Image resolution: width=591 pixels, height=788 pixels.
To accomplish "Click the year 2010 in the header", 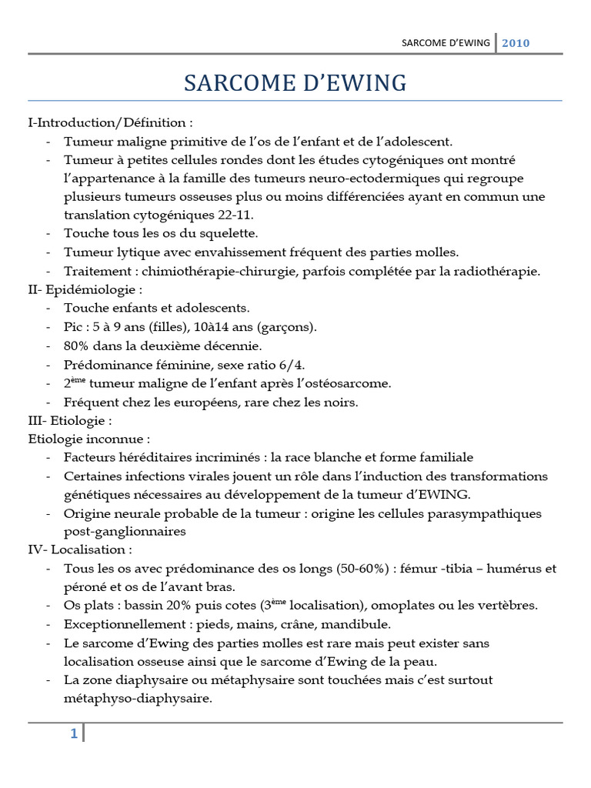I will [516, 43].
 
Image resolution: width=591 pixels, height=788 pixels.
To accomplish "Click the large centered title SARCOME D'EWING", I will [295, 83].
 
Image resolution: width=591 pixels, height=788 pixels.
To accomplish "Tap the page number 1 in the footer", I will [74, 733].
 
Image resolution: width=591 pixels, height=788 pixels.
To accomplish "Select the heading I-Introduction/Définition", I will [110, 123].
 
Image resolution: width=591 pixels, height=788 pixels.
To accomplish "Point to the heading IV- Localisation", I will [79, 549].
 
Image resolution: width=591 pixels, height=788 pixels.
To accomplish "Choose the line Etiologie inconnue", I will [88, 439].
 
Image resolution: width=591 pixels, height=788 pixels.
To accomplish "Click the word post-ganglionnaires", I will [125, 531].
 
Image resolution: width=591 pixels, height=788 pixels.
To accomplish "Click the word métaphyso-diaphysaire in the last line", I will [138, 698].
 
